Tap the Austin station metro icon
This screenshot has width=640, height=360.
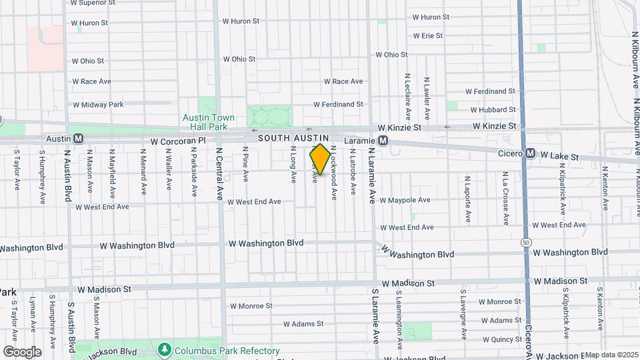point(78,139)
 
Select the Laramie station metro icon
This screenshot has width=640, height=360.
point(383,141)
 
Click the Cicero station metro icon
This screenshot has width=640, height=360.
point(531,153)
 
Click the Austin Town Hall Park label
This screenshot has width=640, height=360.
point(209,122)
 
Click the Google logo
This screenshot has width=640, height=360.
point(22,352)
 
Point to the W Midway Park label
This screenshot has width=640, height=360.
point(99,105)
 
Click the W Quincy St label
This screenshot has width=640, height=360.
point(500,339)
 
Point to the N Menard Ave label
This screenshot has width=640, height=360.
point(143,175)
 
